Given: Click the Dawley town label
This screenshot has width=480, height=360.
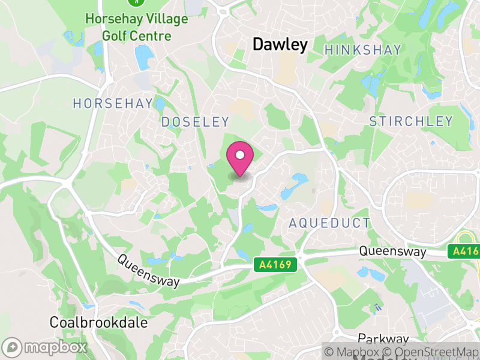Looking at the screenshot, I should [x=280, y=44].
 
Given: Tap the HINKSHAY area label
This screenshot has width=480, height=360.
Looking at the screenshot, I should [x=362, y=50].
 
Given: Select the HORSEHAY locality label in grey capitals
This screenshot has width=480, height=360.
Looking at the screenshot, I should [x=113, y=104].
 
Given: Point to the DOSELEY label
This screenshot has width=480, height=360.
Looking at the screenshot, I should [x=195, y=122].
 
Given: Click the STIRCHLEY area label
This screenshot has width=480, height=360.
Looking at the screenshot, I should [x=411, y=122].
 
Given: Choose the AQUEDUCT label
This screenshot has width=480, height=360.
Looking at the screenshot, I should [x=329, y=223].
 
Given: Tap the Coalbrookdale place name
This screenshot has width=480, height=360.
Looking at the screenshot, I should [x=98, y=322].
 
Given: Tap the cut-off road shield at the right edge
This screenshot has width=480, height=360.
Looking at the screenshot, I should [x=466, y=251].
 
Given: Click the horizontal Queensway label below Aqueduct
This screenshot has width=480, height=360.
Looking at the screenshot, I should [x=392, y=252].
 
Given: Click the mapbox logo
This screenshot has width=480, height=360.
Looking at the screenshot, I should [x=46, y=347].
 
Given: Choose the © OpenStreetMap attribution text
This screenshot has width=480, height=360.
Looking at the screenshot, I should [x=431, y=352].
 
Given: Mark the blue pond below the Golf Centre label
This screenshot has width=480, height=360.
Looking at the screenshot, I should [x=145, y=58].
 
